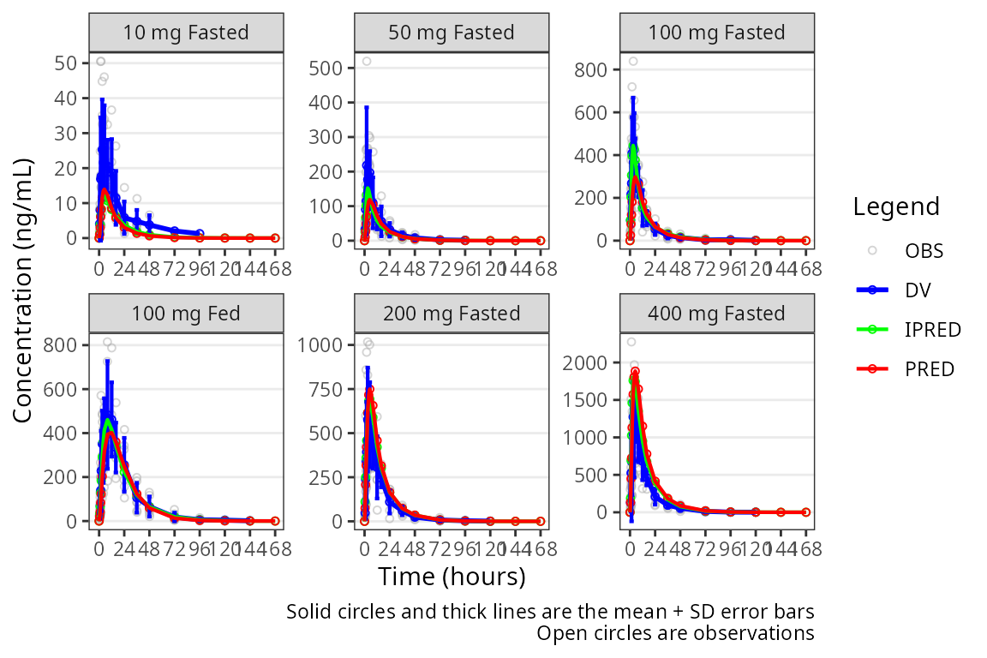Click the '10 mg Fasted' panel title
point(186,33)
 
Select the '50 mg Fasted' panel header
point(452,33)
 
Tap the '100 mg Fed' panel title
point(186,313)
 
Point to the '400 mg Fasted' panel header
point(717,313)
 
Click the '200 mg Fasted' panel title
point(452,313)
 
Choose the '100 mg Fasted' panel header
point(717,33)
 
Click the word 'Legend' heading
point(896,206)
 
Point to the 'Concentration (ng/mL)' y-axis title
point(22,290)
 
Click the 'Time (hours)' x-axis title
point(452,577)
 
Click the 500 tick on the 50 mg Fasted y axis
point(327,68)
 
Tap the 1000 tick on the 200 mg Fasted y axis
point(324,344)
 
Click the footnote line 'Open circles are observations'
point(675,634)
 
